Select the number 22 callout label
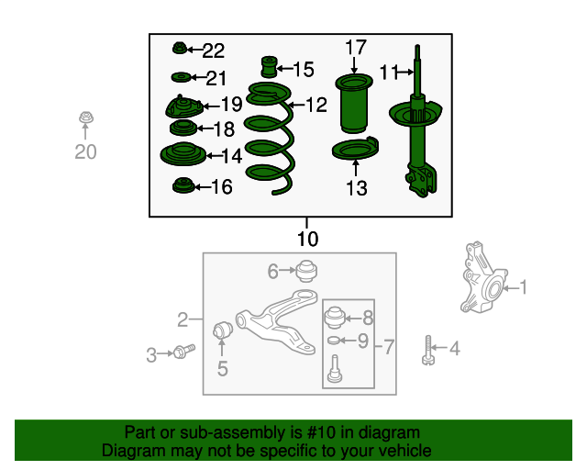pyautogui.click(x=214, y=50)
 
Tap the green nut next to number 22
pyautogui.click(x=180, y=48)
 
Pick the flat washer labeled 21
pyautogui.click(x=182, y=78)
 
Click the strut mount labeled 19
pyautogui.click(x=183, y=106)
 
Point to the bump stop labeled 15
pyautogui.click(x=269, y=67)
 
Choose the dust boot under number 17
pyautogui.click(x=354, y=104)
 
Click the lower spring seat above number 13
pyautogui.click(x=355, y=149)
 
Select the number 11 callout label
pyautogui.click(x=389, y=73)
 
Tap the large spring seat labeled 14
pyautogui.click(x=183, y=154)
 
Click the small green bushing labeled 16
pyautogui.click(x=183, y=185)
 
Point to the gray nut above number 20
pyautogui.click(x=86, y=117)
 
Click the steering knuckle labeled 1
pyautogui.click(x=483, y=278)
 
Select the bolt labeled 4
pyautogui.click(x=428, y=351)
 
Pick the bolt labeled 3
pyautogui.click(x=183, y=352)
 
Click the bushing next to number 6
pyautogui.click(x=306, y=270)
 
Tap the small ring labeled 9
pyautogui.click(x=334, y=341)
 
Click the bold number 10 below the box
pyautogui.click(x=308, y=239)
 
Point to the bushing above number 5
pyautogui.click(x=223, y=329)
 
